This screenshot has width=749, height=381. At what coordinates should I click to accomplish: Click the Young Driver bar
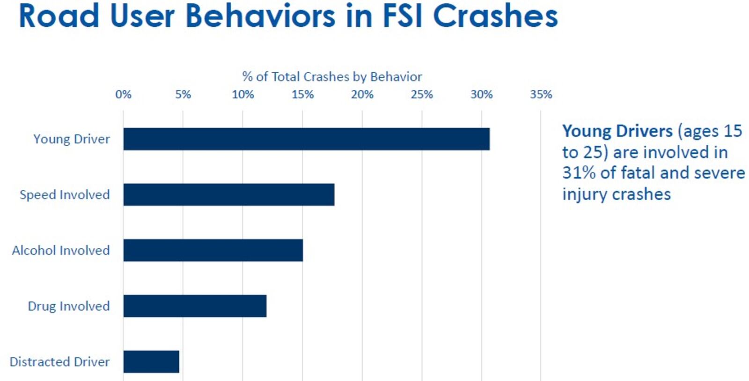pyautogui.click(x=306, y=139)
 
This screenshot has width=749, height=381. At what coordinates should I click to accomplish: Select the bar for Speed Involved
pyautogui.click(x=229, y=194)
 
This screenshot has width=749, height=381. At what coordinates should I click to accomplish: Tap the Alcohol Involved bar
pyautogui.click(x=213, y=250)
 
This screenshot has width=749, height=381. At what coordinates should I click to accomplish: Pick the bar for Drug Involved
pyautogui.click(x=195, y=306)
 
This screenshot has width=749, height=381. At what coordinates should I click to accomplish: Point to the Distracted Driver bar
pyautogui.click(x=151, y=362)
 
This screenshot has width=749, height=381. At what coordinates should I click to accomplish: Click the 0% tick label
pyautogui.click(x=124, y=95)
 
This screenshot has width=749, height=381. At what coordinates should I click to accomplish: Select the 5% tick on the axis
pyautogui.click(x=183, y=95)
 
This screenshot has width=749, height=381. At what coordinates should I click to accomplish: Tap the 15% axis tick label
pyautogui.click(x=302, y=95)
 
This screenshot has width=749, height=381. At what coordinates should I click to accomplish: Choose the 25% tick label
pyautogui.click(x=422, y=95)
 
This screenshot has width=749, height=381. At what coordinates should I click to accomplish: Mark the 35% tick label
pyautogui.click(x=541, y=95)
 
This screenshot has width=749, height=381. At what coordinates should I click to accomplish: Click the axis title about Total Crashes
pyautogui.click(x=332, y=77)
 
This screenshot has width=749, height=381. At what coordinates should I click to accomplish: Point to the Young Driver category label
pyautogui.click(x=72, y=139)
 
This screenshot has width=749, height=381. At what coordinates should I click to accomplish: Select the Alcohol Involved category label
pyautogui.click(x=61, y=251)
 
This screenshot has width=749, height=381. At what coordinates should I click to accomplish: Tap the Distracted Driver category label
pyautogui.click(x=59, y=362)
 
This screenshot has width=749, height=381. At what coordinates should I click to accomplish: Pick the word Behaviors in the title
pyautogui.click(x=260, y=16)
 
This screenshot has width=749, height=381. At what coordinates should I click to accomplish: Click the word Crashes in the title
pyautogui.click(x=495, y=16)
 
